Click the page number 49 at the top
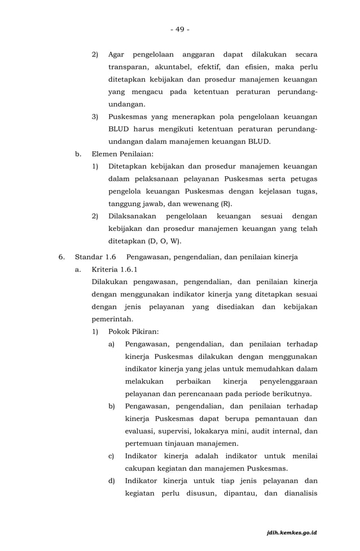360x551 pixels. (180, 29)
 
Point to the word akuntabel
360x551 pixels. (175, 67)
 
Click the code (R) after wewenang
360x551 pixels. (225, 204)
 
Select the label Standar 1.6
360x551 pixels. (95, 257)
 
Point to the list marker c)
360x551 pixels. (112, 456)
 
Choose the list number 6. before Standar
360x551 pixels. (63, 257)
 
